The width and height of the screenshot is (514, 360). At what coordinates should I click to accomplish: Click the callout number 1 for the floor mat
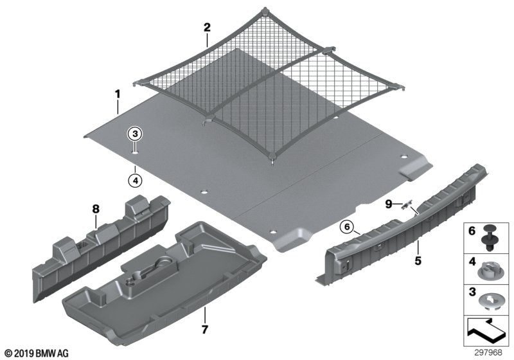pos(118,94)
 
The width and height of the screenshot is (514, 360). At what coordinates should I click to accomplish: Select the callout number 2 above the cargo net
pos(207,28)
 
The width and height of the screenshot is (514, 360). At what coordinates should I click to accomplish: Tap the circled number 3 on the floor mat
pos(135,134)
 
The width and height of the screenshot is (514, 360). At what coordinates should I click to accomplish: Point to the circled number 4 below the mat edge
pos(136,180)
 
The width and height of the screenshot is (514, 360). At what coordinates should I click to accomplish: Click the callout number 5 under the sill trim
pos(418,260)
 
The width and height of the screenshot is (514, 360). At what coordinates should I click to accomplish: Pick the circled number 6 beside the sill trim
pos(347,226)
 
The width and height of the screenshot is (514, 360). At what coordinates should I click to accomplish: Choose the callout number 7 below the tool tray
pos(205,329)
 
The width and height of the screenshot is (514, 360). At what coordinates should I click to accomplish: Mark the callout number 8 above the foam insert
pos(96,209)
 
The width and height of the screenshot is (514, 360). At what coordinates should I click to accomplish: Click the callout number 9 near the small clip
pos(389,204)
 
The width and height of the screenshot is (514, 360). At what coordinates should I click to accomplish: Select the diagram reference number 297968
pos(488,353)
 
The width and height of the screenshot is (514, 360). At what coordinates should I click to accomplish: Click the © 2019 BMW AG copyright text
pos(37,353)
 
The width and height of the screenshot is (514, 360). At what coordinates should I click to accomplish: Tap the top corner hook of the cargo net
pos(263,12)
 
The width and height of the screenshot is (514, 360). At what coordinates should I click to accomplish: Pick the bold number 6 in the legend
pos(472,231)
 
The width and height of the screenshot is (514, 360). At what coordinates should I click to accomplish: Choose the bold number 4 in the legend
pos(472,261)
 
